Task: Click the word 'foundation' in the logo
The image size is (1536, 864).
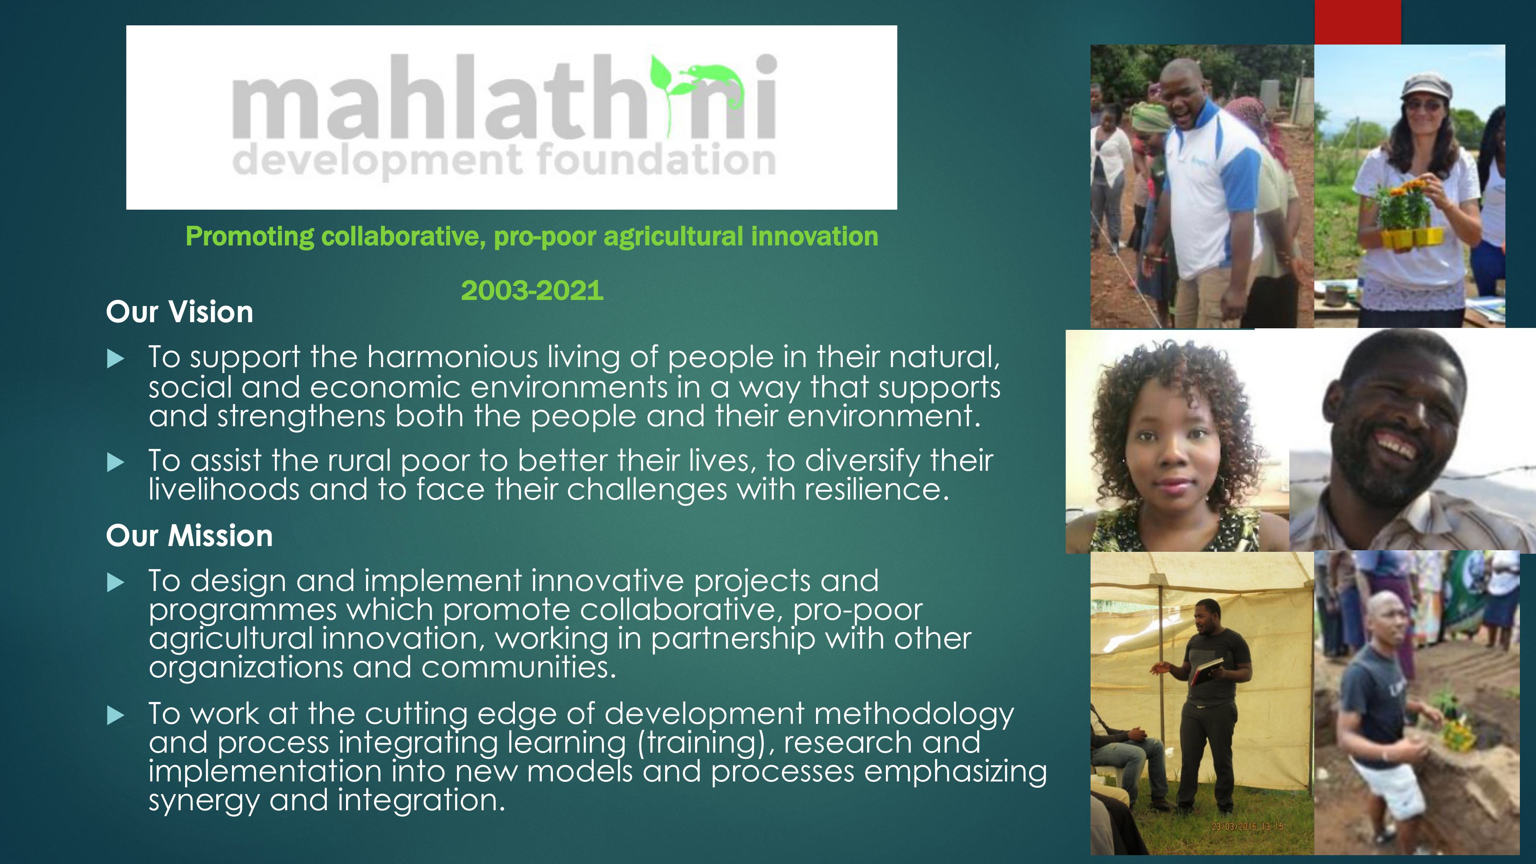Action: click(656, 159)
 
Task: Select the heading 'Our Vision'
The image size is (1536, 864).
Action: click(179, 312)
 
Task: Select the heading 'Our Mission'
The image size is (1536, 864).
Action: click(189, 535)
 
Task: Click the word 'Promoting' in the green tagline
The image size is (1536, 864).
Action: click(250, 237)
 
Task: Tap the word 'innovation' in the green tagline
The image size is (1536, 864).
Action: click(814, 236)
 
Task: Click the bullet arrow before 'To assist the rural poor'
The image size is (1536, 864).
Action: click(115, 462)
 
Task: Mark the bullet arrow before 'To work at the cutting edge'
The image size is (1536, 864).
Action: click(115, 715)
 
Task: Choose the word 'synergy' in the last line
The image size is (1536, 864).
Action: click(204, 801)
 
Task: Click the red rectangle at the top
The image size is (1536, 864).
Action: click(1358, 22)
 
